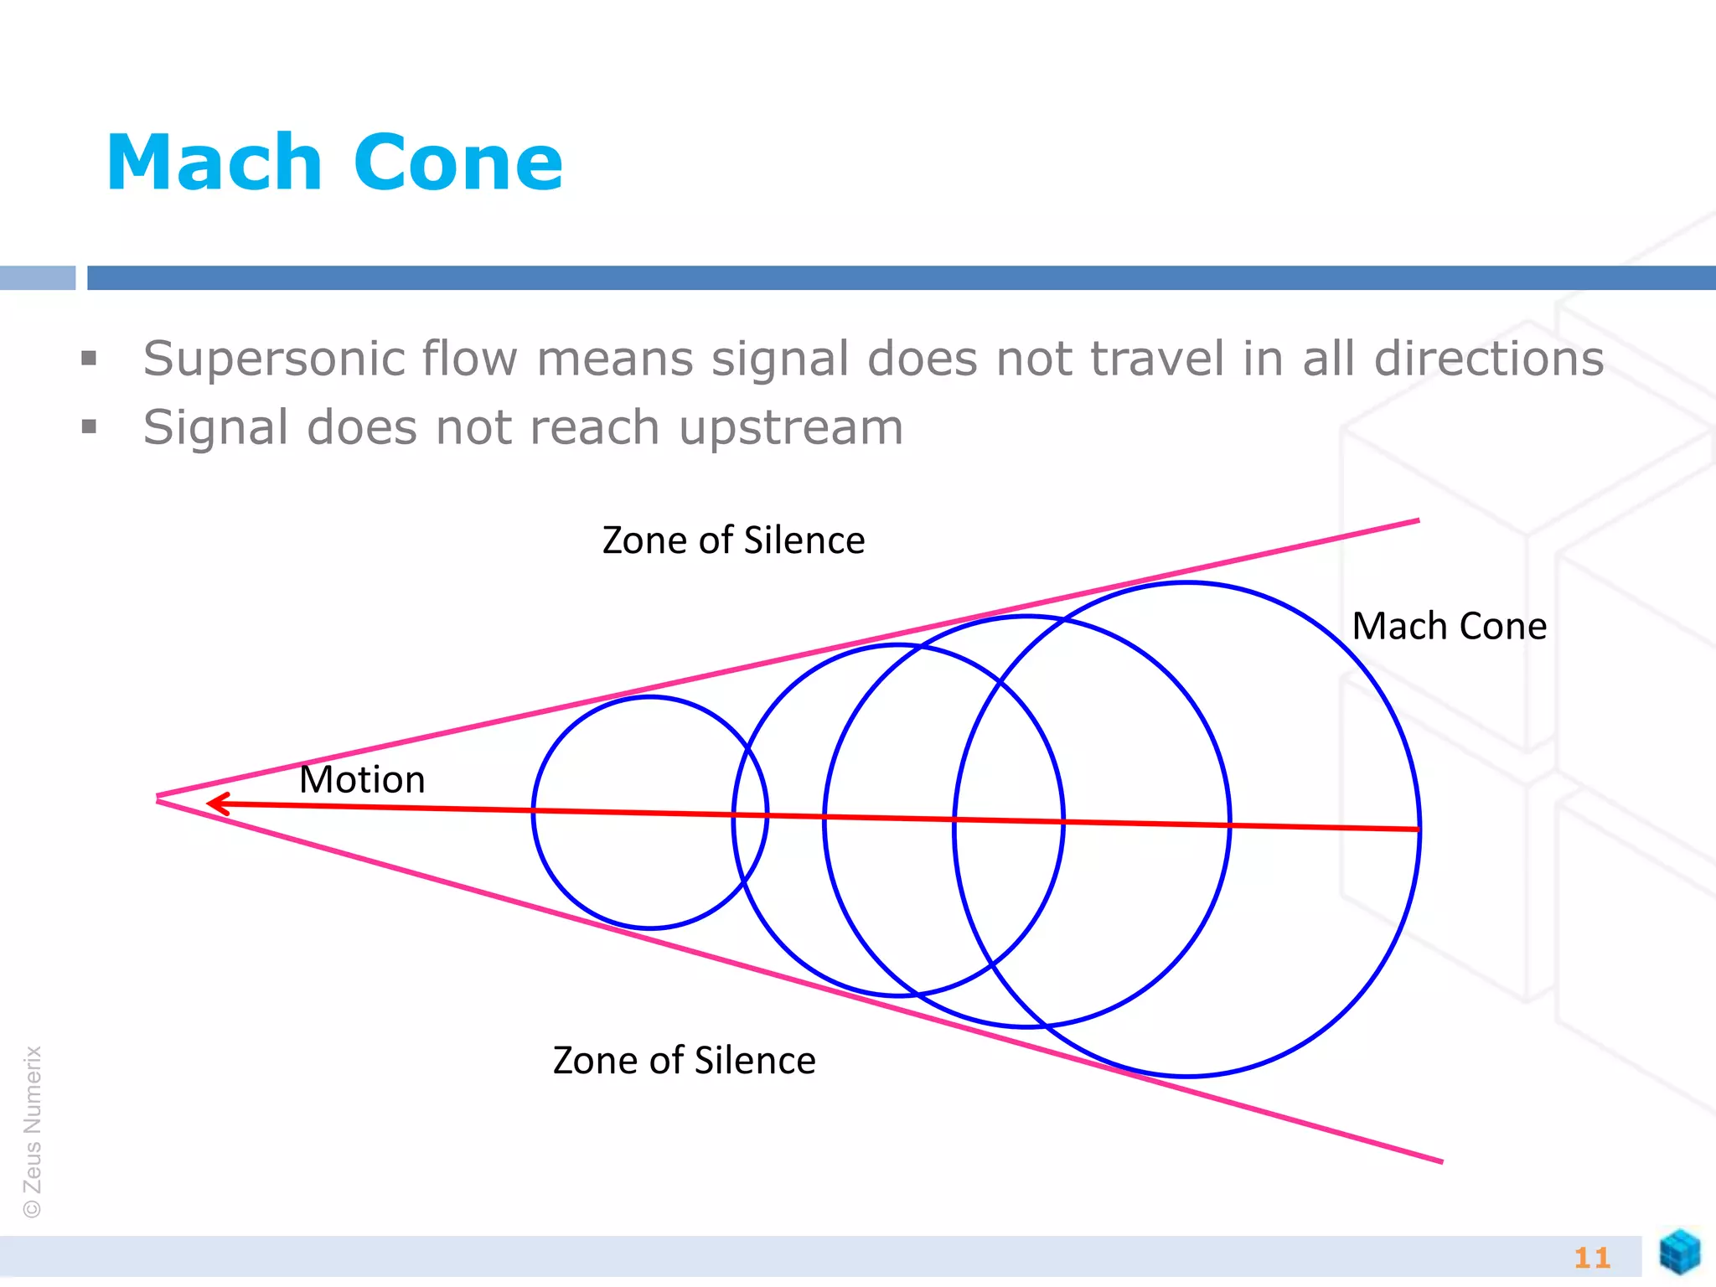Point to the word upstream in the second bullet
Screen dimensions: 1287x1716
click(791, 428)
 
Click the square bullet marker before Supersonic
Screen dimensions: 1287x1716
click(90, 359)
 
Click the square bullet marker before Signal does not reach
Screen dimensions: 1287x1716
click(90, 427)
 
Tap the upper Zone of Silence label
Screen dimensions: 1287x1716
click(733, 540)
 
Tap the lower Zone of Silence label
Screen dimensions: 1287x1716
click(684, 1061)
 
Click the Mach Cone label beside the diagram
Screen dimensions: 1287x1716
click(1449, 627)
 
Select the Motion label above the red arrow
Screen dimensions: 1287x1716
click(362, 780)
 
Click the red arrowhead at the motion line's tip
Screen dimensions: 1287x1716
click(214, 804)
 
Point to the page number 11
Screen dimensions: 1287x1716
click(1592, 1258)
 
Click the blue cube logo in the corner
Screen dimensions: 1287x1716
click(1679, 1253)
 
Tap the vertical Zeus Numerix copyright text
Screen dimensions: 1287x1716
click(33, 1131)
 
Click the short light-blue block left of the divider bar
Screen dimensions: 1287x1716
click(38, 278)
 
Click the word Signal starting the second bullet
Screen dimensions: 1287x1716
click(215, 428)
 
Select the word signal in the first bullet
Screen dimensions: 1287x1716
click(779, 359)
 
